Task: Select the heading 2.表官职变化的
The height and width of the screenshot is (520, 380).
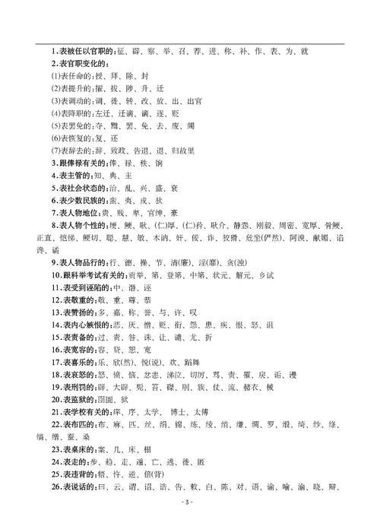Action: [78, 64]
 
